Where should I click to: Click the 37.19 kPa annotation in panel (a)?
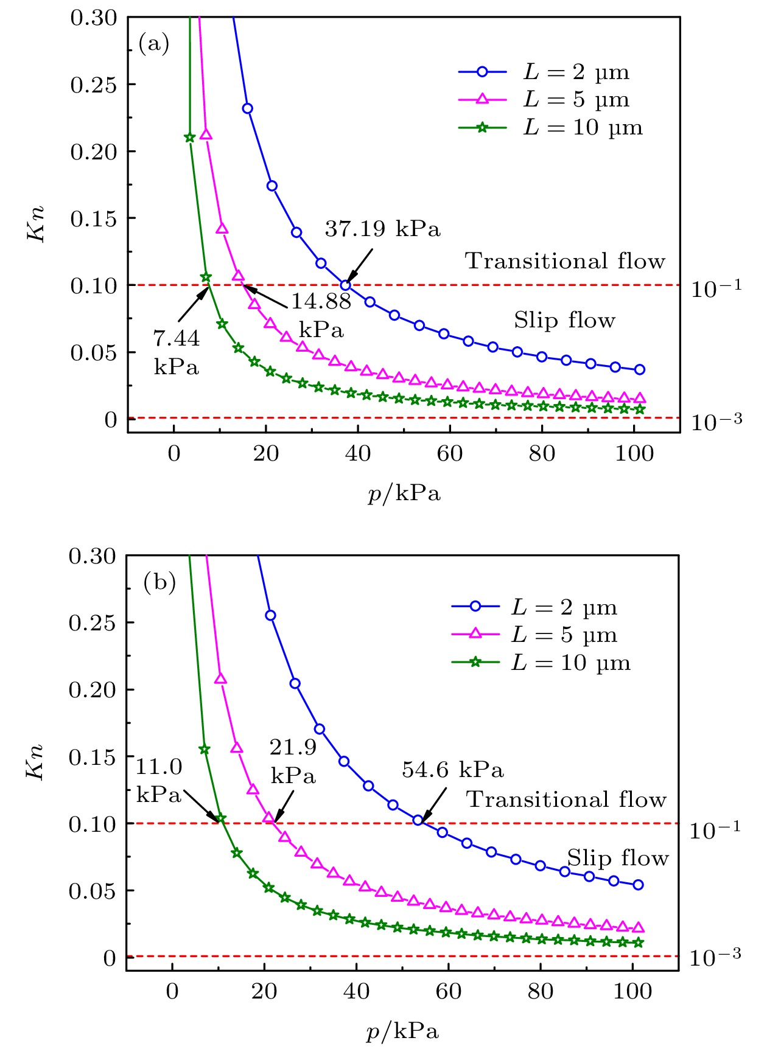382,229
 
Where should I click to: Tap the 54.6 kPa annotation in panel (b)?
453,770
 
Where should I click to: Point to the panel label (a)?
153,44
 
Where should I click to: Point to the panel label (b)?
159,582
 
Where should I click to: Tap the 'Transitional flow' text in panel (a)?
565,261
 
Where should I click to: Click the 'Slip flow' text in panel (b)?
618,858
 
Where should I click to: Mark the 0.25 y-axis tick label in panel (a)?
94,85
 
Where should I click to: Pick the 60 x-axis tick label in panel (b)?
449,991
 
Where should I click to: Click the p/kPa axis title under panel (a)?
404,493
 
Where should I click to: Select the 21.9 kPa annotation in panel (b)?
293,761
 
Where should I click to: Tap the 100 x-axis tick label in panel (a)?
634,453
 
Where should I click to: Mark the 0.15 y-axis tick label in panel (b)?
92,758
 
